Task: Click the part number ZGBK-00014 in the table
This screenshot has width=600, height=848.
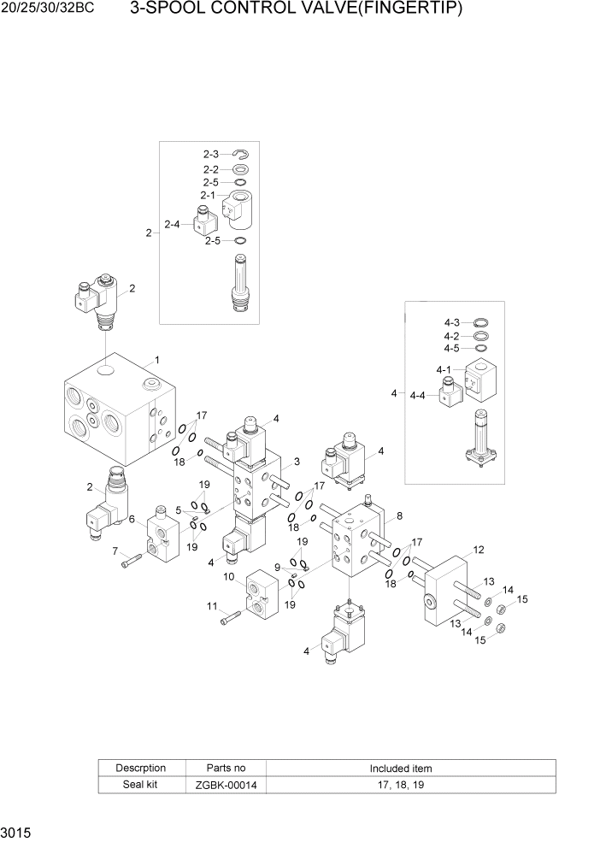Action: pos(226,785)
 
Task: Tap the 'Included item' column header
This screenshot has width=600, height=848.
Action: pos(400,768)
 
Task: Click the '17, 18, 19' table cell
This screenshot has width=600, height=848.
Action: pos(400,785)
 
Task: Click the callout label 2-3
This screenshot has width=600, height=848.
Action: pos(211,154)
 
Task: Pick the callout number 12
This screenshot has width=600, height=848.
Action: pos(479,550)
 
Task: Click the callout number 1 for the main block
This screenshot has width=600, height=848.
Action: pos(156,360)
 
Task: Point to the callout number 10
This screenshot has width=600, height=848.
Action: pos(229,576)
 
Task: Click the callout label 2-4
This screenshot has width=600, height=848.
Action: pos(172,225)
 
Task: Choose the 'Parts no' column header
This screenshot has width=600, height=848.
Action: pos(226,768)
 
